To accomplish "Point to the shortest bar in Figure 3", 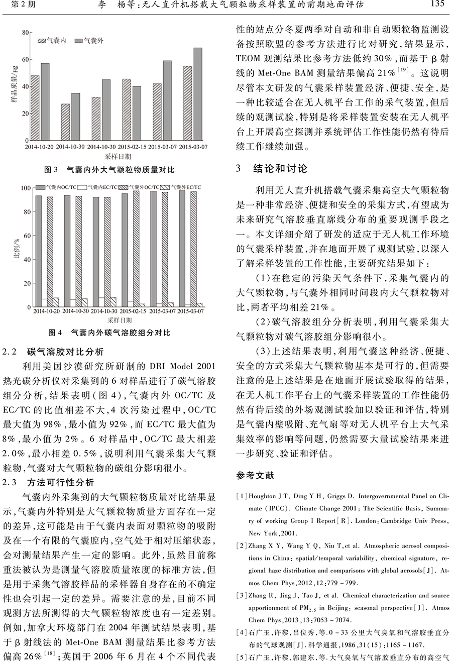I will pos(65,122).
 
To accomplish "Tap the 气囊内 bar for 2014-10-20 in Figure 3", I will pos(35,107).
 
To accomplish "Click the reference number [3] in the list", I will pos(242,596).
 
